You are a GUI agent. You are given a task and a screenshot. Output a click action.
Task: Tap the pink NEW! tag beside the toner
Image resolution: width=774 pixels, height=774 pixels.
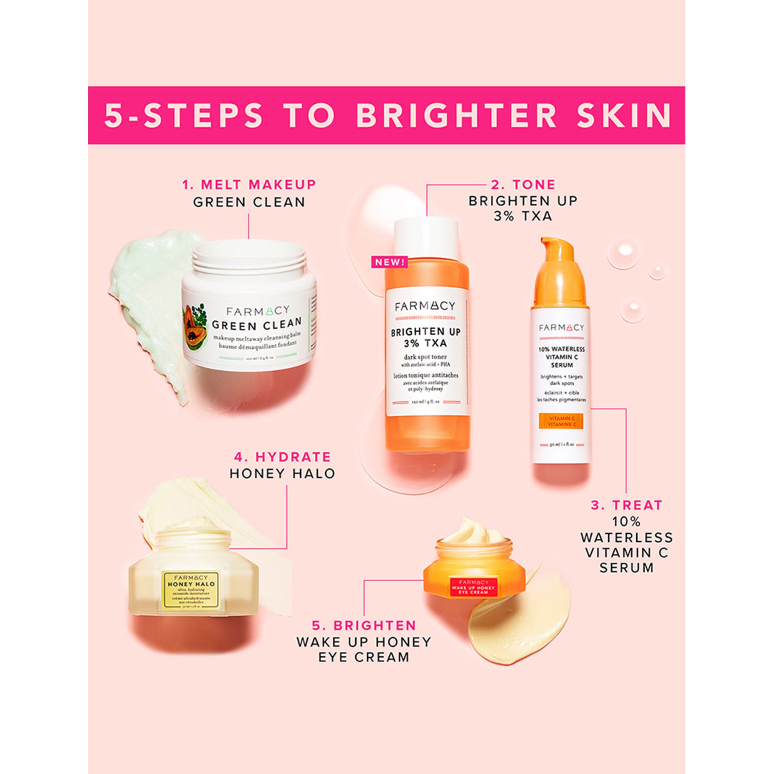(390, 262)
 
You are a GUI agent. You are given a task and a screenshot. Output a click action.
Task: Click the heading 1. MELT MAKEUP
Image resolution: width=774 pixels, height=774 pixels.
(249, 185)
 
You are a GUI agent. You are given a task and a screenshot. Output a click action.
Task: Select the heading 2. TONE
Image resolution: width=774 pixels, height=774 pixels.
(523, 185)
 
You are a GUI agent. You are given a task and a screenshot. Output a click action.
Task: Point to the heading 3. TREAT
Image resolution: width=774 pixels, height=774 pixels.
(627, 505)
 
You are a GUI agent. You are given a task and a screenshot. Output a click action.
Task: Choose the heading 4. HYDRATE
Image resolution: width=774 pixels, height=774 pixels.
(282, 457)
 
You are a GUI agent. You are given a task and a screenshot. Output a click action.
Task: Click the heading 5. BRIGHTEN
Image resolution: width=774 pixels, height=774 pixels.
(364, 625)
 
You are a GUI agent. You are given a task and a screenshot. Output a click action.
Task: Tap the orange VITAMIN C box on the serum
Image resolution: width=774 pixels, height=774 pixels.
(560, 421)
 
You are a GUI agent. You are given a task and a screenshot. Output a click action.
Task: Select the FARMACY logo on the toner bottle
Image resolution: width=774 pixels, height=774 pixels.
(425, 307)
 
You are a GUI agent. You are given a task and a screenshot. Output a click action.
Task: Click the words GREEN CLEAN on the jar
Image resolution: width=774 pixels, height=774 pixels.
(257, 322)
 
